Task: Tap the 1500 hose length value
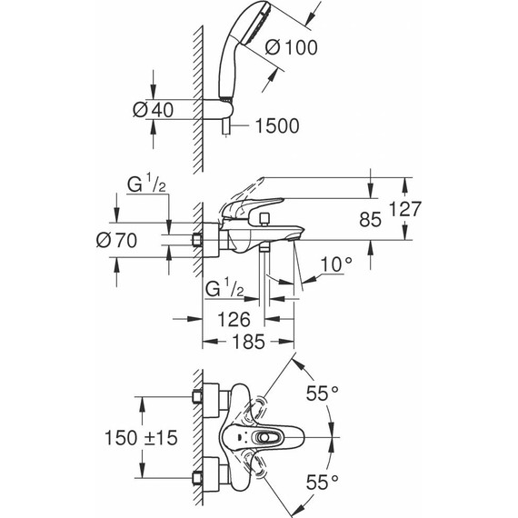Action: click(x=274, y=126)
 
